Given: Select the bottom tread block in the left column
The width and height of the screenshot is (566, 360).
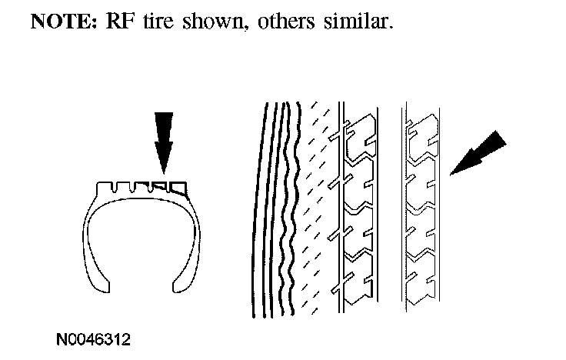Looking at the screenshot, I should click(x=359, y=285).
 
